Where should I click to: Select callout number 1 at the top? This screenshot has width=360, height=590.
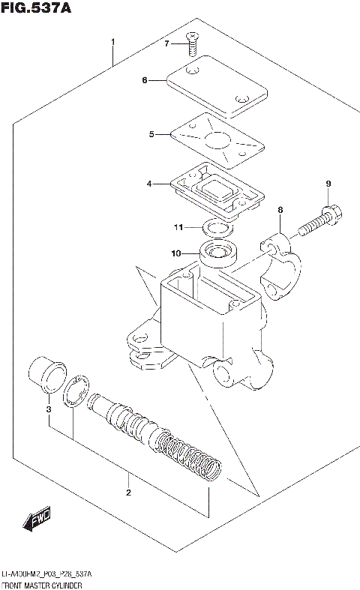pyautogui.click(x=112, y=41)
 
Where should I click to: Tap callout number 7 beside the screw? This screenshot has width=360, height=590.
pyautogui.click(x=167, y=44)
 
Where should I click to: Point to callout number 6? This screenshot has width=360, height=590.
pyautogui.click(x=145, y=80)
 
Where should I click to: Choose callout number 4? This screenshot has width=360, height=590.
pyautogui.click(x=150, y=183)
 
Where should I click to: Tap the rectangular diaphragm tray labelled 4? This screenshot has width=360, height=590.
pyautogui.click(x=217, y=188)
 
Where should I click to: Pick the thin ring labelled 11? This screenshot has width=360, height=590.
pyautogui.click(x=218, y=227)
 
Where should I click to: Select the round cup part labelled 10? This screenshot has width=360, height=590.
pyautogui.click(x=218, y=255)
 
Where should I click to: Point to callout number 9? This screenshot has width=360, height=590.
pyautogui.click(x=327, y=184)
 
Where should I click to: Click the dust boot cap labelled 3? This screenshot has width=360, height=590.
pyautogui.click(x=46, y=375)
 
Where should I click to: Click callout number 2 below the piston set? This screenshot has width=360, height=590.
pyautogui.click(x=128, y=493)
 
